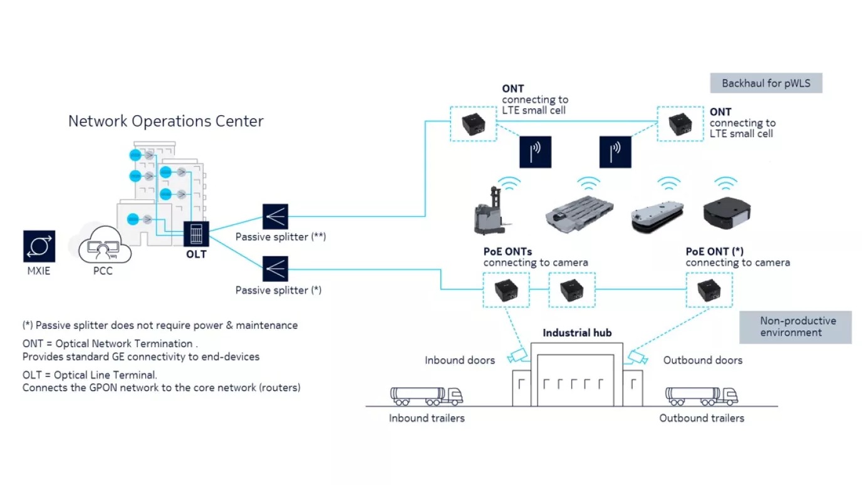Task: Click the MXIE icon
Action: click(x=39, y=246)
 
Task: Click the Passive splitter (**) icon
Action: click(x=275, y=216)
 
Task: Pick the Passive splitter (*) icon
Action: click(x=275, y=269)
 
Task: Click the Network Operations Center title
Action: click(x=165, y=121)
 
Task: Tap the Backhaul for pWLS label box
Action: click(x=766, y=83)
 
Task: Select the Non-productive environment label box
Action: click(x=795, y=326)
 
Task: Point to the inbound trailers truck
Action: click(x=426, y=395)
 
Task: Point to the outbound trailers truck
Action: click(x=701, y=395)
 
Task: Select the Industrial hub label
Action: click(x=576, y=333)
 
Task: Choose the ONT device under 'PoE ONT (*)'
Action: click(x=709, y=289)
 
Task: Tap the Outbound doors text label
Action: click(x=702, y=360)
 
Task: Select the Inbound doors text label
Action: click(x=459, y=360)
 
